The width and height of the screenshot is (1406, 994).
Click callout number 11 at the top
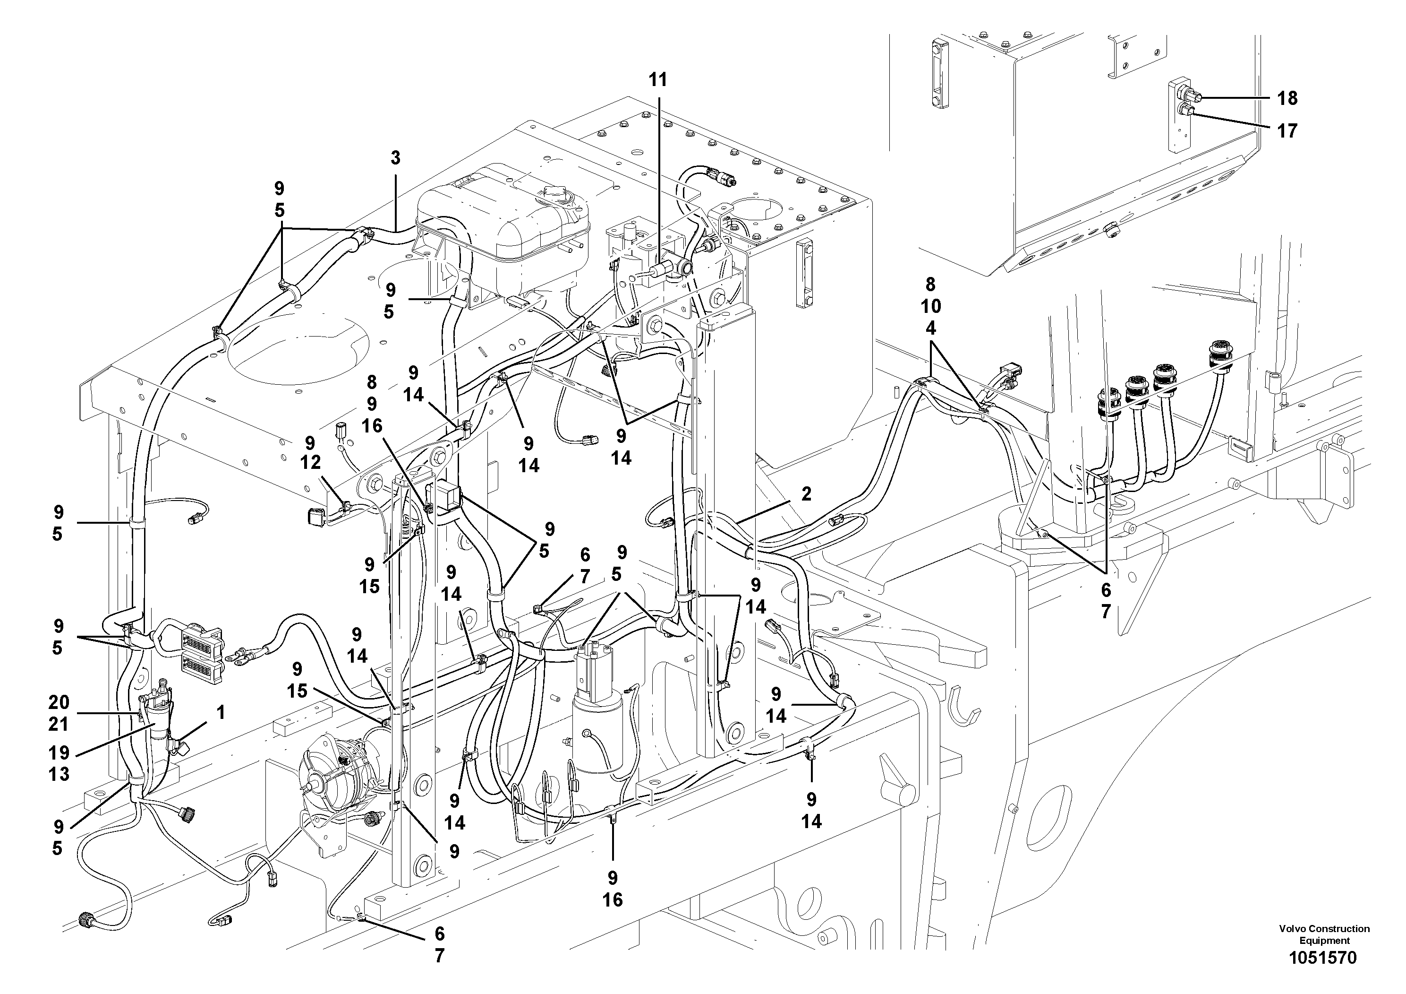pos(658,80)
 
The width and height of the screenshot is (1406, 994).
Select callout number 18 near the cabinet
pos(1287,98)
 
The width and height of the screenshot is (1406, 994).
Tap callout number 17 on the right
pos(1287,130)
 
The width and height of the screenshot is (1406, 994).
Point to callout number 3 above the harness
pos(396,158)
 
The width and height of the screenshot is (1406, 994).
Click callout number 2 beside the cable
pos(806,494)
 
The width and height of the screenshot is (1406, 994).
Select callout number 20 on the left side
pos(59,702)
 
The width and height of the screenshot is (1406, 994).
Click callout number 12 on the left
pos(310,463)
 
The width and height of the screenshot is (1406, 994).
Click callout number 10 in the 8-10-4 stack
pos(930,306)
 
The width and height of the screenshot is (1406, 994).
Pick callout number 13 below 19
pos(59,774)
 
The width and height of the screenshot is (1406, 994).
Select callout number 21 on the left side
pos(59,725)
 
